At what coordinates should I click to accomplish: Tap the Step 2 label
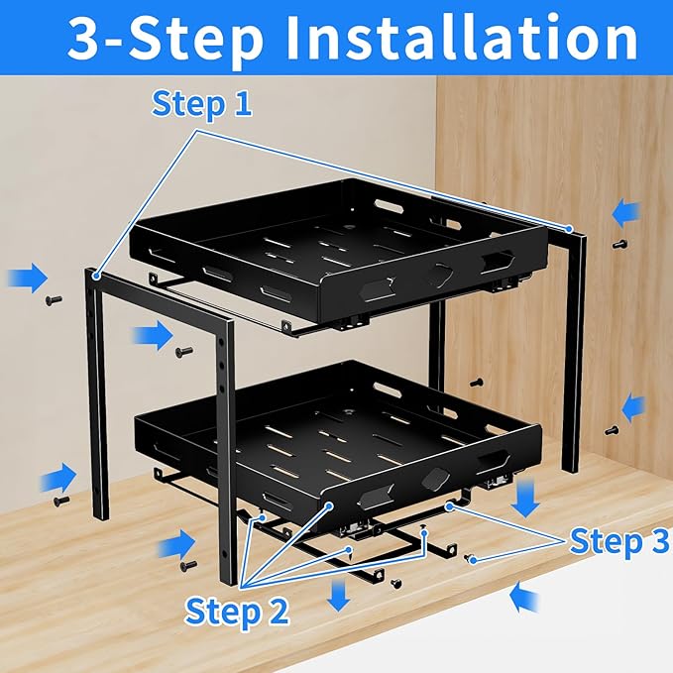(x=238, y=611)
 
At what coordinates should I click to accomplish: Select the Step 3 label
(x=618, y=541)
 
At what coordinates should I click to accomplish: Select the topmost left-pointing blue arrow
(x=625, y=211)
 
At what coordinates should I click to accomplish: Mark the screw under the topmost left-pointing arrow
(x=620, y=243)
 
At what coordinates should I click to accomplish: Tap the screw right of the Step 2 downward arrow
(x=395, y=582)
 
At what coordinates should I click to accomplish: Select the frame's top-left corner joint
(x=93, y=273)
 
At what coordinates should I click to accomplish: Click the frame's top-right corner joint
(x=569, y=230)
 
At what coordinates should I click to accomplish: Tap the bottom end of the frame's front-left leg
(x=99, y=515)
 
